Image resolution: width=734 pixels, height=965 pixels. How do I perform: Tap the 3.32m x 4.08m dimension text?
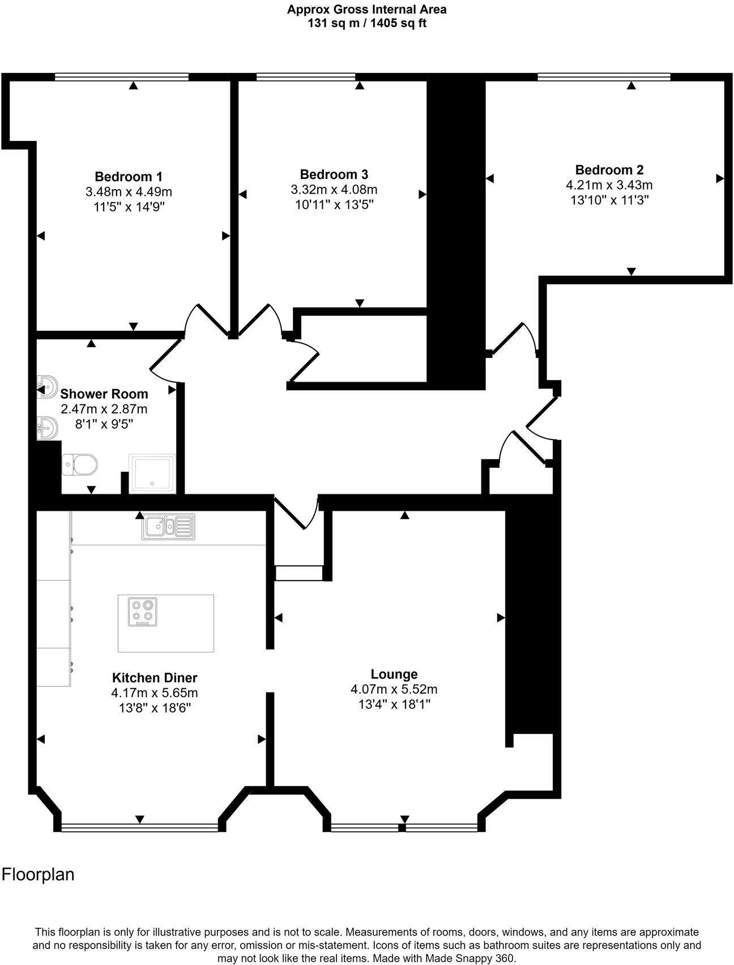point(334,190)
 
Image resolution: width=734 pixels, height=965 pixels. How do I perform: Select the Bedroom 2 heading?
point(609,169)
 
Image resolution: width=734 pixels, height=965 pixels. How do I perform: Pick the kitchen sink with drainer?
point(168,526)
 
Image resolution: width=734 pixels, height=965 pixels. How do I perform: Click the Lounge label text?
point(394,674)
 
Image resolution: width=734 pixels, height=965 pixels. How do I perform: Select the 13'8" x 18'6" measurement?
point(155,708)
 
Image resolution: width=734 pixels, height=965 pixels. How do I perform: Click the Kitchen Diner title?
point(155,677)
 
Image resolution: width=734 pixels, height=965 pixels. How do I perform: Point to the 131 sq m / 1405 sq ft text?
point(366,23)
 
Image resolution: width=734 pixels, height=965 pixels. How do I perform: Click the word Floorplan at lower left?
point(38,874)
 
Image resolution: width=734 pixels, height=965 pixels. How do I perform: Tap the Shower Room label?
point(104,394)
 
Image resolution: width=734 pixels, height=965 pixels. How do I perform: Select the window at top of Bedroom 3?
point(306,76)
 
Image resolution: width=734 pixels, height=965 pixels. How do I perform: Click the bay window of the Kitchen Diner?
point(139,827)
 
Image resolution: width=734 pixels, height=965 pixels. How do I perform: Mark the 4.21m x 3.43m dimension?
point(609,185)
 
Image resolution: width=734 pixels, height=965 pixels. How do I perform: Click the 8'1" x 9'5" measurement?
point(104,424)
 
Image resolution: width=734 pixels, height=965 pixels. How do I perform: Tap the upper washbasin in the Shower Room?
point(48,387)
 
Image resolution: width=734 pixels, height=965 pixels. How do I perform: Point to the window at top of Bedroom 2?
point(604,76)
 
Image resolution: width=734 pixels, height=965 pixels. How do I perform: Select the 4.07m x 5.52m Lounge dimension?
point(394,689)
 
